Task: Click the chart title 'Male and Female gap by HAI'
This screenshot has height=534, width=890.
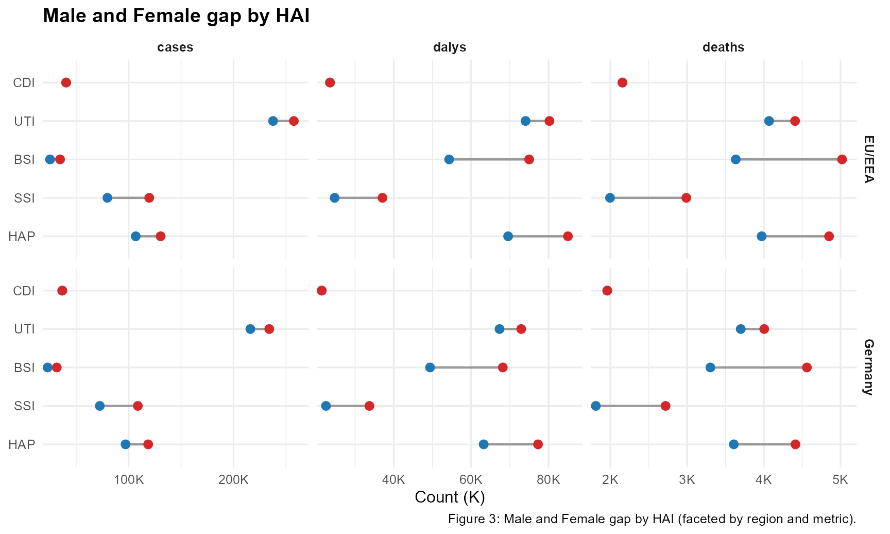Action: (x=176, y=16)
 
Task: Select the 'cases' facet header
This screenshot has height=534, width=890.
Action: (x=175, y=47)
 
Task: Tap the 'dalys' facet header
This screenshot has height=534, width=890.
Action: (x=450, y=47)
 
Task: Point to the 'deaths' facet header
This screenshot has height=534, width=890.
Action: (x=723, y=47)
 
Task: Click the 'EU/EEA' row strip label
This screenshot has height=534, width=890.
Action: (x=868, y=159)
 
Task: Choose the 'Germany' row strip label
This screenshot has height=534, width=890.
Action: (x=868, y=367)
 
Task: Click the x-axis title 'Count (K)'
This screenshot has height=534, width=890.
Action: (x=450, y=497)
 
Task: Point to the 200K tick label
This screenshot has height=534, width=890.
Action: (x=233, y=480)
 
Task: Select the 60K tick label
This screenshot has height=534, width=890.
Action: (x=471, y=480)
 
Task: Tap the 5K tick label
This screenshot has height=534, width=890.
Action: (x=840, y=480)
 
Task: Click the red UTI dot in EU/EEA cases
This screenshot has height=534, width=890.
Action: (x=294, y=121)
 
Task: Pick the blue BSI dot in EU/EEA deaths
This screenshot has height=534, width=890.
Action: (x=735, y=159)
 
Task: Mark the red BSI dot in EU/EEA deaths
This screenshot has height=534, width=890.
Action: (x=842, y=159)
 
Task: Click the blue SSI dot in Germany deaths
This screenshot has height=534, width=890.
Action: (x=596, y=406)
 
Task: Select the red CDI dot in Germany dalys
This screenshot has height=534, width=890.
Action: (x=322, y=291)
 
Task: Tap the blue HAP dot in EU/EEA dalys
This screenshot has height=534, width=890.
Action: (x=508, y=236)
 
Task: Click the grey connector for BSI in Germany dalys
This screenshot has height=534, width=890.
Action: (x=466, y=368)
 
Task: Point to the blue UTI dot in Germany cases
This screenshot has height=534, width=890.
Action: (x=250, y=329)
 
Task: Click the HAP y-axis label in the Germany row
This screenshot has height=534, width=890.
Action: (x=22, y=444)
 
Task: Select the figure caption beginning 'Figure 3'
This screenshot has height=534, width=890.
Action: (x=652, y=519)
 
